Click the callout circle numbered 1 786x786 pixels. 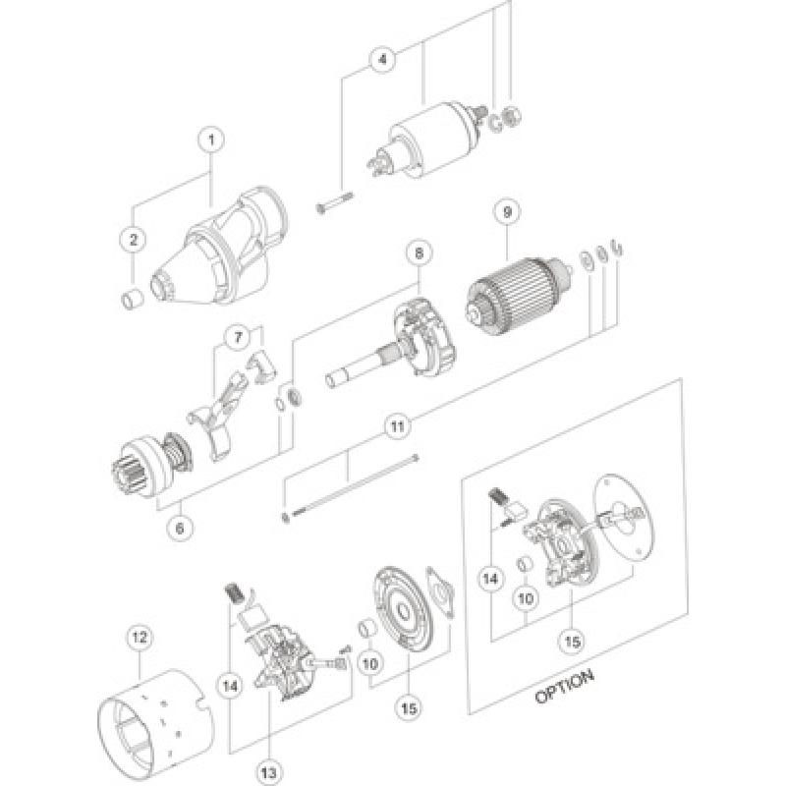tap(208, 140)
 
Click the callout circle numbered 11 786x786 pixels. tap(396, 428)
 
